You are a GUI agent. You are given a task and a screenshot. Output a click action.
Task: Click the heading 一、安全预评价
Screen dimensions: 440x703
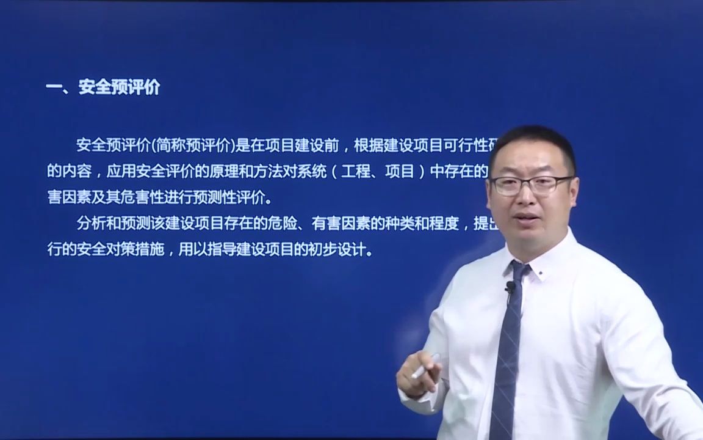pos(103,87)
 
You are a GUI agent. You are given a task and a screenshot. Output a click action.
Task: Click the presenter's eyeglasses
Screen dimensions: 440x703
pos(530,184)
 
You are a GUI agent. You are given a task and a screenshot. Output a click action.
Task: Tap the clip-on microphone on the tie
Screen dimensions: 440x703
pos(509,287)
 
